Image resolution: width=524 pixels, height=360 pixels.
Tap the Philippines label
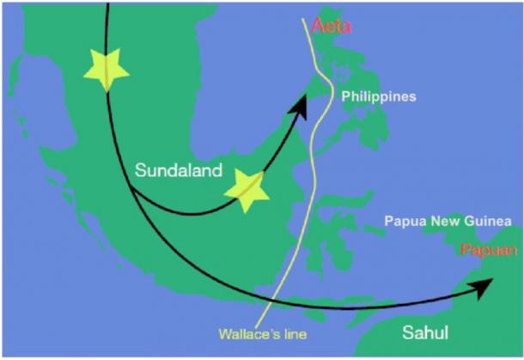tap(378, 97)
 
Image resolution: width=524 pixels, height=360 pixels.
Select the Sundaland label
tap(178, 171)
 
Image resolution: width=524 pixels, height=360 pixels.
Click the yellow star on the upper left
tap(107, 69)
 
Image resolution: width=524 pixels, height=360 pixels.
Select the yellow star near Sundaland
tap(247, 190)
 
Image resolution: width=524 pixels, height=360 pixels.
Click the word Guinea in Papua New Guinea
tap(486, 221)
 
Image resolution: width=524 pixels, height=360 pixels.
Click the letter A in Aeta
tap(316, 27)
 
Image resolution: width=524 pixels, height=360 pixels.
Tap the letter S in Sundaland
tap(140, 171)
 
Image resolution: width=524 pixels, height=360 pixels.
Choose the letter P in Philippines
tap(345, 97)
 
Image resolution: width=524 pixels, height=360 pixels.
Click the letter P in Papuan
tap(466, 251)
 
